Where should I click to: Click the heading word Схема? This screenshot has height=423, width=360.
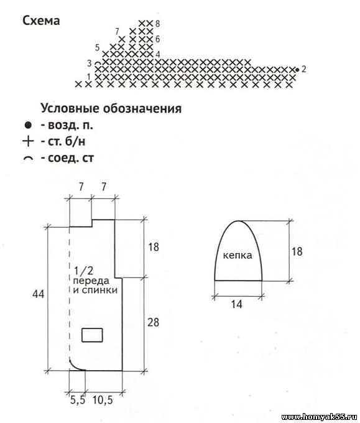[x=41, y=21]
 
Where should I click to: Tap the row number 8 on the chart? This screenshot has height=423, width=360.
[x=157, y=24]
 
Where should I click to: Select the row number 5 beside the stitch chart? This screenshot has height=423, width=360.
[x=98, y=48]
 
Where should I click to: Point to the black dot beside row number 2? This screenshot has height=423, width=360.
[x=297, y=70]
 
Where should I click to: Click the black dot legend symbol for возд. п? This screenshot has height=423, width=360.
[x=28, y=125]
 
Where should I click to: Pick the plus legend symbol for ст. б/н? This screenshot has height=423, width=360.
[x=29, y=141]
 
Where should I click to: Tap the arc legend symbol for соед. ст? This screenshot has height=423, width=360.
[x=29, y=159]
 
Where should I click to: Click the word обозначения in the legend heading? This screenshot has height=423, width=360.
[x=142, y=108]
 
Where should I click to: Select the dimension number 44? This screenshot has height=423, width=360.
[x=38, y=294]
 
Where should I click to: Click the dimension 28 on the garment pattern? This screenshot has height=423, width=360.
[x=153, y=322]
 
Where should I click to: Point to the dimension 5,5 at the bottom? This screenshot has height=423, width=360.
[x=78, y=400]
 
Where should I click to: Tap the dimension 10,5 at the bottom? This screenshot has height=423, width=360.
[x=103, y=400]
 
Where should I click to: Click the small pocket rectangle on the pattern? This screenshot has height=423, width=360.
[x=92, y=335]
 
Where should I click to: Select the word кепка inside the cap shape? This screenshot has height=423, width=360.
[x=238, y=255]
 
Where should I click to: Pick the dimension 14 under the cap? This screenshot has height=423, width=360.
[x=236, y=304]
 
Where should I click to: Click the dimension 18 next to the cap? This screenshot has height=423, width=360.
[x=297, y=251]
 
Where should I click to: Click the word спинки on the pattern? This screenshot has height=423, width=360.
[x=99, y=291]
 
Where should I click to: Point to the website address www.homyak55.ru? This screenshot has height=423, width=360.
[x=320, y=417]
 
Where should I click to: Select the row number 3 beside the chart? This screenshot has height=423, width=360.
[x=90, y=63]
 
